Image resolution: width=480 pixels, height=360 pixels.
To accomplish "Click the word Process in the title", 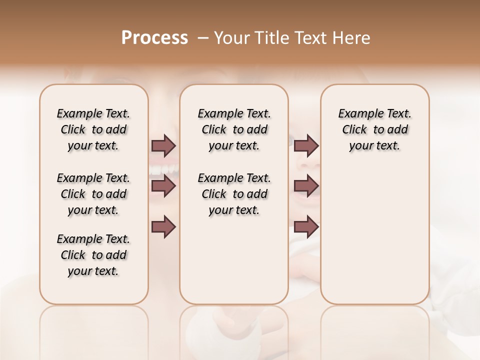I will (x=154, y=38).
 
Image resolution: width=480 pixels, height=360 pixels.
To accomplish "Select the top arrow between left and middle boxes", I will (x=163, y=146).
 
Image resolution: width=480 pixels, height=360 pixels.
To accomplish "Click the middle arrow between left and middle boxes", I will (x=163, y=186).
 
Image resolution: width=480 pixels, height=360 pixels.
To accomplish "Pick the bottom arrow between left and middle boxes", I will (x=163, y=226).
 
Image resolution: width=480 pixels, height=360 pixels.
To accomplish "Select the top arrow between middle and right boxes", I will (x=306, y=146).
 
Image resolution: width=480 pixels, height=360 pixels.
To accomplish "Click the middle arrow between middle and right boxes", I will (x=306, y=186).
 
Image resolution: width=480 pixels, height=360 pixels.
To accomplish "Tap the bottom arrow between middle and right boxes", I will (x=306, y=226).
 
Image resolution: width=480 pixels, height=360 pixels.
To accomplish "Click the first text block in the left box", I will (x=93, y=129).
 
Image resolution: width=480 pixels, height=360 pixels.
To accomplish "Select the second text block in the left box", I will (x=93, y=194).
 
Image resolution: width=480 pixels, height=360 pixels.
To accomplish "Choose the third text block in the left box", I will (x=93, y=255).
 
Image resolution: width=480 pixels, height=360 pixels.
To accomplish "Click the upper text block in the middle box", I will (x=234, y=129).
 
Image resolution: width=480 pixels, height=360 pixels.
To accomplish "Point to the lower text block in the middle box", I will (x=234, y=194).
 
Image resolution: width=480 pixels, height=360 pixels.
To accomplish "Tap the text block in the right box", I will (x=375, y=129).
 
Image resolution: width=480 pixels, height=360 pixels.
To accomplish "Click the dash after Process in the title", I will (x=203, y=38).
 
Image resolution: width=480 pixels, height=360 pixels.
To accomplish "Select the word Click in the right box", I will (x=354, y=130).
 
